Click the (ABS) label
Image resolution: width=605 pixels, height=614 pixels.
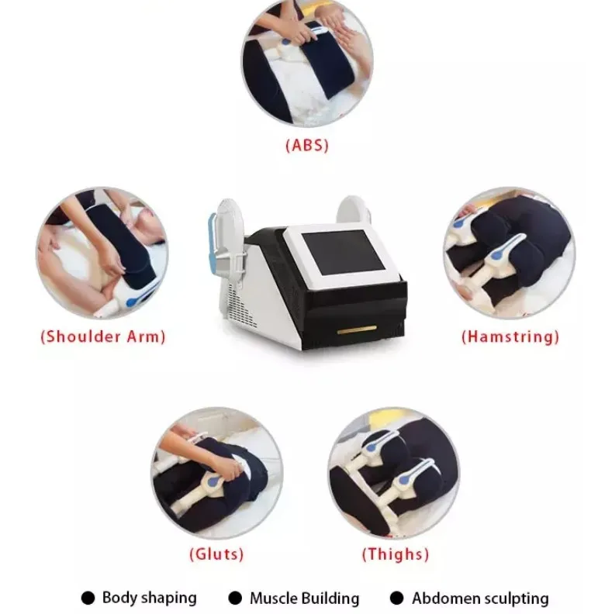coord(307,145)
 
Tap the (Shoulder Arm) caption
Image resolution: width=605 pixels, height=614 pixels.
coord(102,336)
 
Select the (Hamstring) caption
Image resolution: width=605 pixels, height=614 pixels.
coord(510,336)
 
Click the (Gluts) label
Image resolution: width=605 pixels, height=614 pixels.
coord(216,554)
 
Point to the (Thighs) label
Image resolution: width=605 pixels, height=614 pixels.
coord(395,554)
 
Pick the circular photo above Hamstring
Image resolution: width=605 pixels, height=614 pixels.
coord(509,253)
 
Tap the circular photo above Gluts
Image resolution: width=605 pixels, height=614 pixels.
coord(216,473)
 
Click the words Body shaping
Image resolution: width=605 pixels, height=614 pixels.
coord(149,598)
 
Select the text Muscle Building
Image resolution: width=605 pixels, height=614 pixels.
coord(304,598)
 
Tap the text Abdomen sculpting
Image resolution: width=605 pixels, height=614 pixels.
coord(479,598)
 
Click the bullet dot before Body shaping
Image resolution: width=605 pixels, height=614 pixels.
coord(88,598)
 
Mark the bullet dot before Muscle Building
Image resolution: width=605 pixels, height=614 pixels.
coord(235,598)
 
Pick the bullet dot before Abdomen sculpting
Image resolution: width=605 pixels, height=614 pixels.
coord(397,598)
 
